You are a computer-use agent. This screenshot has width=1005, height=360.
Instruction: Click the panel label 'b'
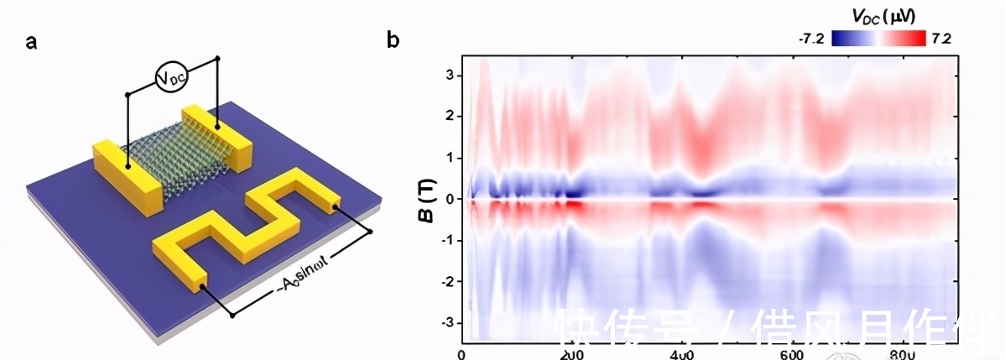click(x=393, y=39)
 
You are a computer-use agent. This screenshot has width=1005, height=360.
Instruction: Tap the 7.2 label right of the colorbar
click(x=940, y=39)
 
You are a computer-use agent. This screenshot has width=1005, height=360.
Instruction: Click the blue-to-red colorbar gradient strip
click(x=877, y=39)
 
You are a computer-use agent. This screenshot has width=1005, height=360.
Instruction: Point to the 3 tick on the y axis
click(x=450, y=75)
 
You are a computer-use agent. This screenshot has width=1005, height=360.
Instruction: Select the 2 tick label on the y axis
click(x=450, y=116)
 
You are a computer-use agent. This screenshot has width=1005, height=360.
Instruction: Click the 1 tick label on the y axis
click(x=450, y=157)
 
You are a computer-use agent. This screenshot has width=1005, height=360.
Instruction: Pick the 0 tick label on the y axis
click(x=450, y=199)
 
